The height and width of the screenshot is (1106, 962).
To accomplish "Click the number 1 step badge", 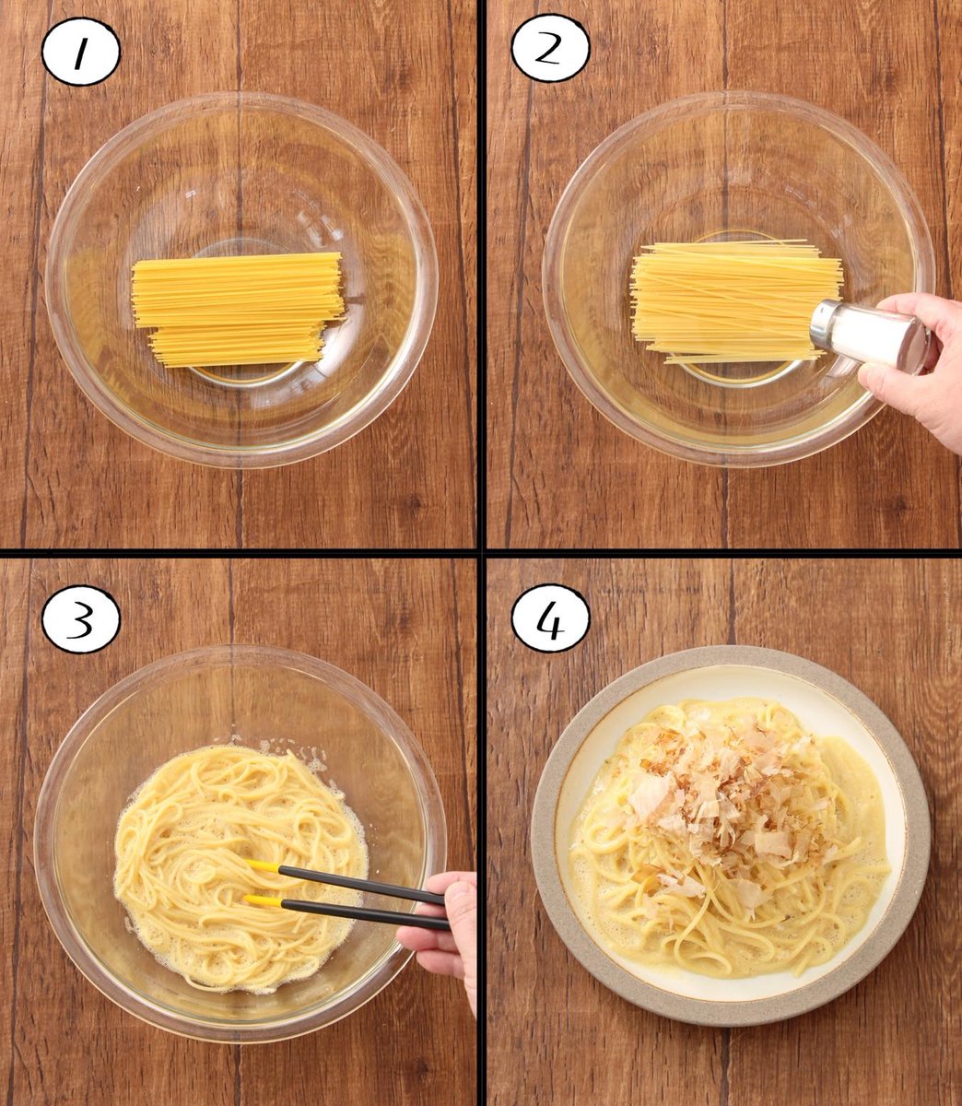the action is point(80,51).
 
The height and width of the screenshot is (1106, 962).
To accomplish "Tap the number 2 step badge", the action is point(550,48).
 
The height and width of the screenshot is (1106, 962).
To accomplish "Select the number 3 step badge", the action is point(80,619).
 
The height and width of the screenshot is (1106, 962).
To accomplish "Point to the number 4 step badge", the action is point(550,618).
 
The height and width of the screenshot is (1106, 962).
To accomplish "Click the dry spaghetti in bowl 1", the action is point(238,309).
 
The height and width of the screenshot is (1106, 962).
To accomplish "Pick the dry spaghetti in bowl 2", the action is point(736,301).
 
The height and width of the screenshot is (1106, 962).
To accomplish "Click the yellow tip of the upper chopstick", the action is point(262,865).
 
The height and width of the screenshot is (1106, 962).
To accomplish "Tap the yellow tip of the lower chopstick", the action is point(262,900).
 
